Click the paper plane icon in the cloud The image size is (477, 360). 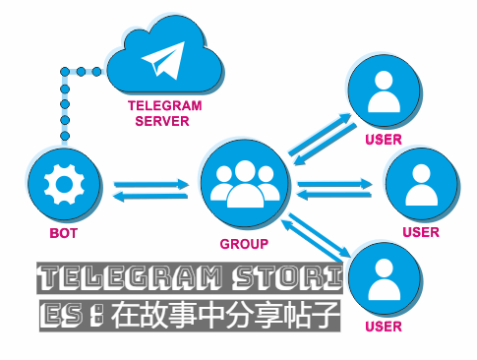[x=165, y=60]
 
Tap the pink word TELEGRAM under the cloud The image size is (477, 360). [x=164, y=106]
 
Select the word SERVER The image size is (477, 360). [x=162, y=121]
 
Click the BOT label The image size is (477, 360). [x=63, y=233]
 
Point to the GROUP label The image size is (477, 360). [x=244, y=244]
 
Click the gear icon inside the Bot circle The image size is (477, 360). [x=64, y=184]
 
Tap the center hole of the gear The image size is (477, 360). [x=64, y=184]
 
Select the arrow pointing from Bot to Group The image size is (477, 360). [x=151, y=184]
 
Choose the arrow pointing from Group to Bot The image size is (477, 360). [x=150, y=196]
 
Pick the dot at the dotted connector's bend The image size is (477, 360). [x=65, y=72]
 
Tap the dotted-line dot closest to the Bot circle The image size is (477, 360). [x=65, y=136]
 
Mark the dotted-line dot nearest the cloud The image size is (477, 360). [x=96, y=72]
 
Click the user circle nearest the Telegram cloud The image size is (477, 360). [x=385, y=90]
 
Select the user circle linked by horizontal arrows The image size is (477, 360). [x=422, y=184]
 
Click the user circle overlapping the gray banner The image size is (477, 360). [x=385, y=278]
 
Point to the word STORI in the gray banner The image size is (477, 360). [x=287, y=278]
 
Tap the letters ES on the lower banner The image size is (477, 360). [x=62, y=316]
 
